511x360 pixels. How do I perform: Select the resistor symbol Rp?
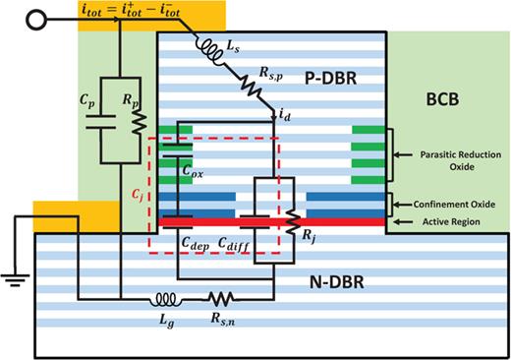140,121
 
